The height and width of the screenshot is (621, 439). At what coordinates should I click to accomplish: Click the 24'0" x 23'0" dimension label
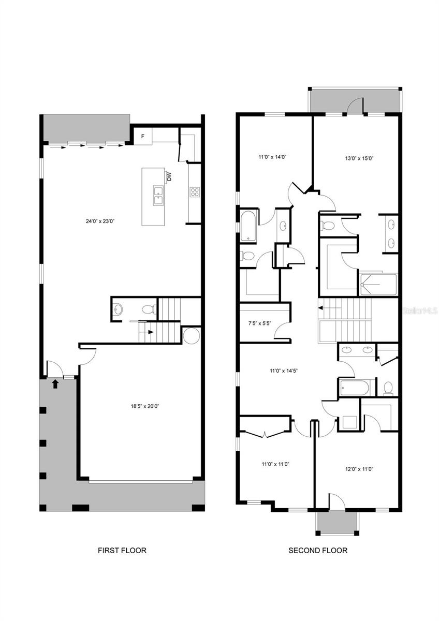(100, 221)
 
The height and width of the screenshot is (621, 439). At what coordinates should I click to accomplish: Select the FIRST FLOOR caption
(122, 551)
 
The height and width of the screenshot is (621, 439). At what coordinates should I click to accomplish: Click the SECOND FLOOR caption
(318, 551)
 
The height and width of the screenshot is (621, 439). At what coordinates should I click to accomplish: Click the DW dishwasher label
(169, 177)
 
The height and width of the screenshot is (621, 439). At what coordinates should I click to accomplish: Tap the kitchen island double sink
(157, 197)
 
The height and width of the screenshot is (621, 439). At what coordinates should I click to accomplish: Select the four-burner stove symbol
(195, 193)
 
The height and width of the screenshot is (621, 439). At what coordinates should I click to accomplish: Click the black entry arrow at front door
(55, 383)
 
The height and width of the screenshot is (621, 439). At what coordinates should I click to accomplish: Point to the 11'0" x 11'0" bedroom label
(275, 464)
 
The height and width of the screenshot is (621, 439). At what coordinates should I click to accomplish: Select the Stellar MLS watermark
(419, 312)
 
